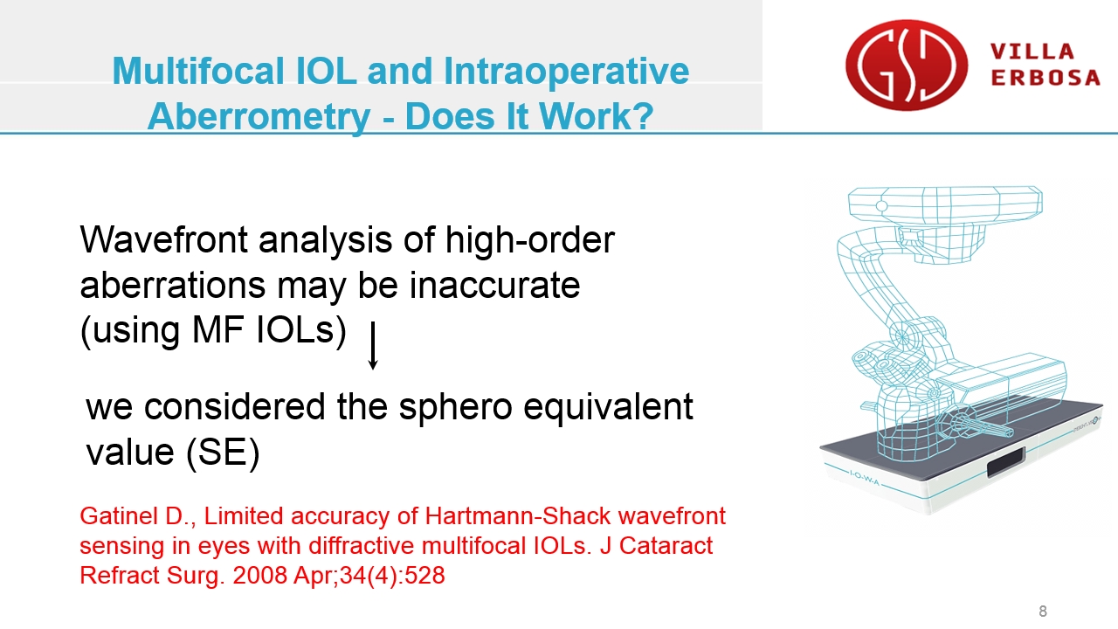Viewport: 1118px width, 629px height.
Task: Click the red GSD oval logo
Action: (907, 65)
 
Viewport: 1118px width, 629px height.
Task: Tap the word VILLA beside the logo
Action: (1032, 52)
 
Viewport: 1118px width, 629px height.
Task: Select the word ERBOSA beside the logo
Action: (1046, 78)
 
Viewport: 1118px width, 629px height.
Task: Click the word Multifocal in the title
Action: (198, 71)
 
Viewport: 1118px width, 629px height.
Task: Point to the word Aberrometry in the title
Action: (259, 117)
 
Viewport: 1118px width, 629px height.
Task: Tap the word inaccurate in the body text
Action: (494, 286)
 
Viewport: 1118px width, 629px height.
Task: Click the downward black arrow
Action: (372, 345)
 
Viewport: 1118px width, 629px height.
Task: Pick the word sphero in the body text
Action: (456, 408)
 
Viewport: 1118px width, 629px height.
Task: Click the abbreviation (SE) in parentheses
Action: (223, 453)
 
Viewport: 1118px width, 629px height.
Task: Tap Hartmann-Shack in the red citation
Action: (518, 515)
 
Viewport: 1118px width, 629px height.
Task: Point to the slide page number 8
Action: (1043, 611)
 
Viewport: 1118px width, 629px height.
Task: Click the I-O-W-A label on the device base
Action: (865, 478)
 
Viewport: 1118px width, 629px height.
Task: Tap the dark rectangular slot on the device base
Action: (1006, 461)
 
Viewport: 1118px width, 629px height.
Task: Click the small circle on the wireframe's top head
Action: (881, 205)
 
